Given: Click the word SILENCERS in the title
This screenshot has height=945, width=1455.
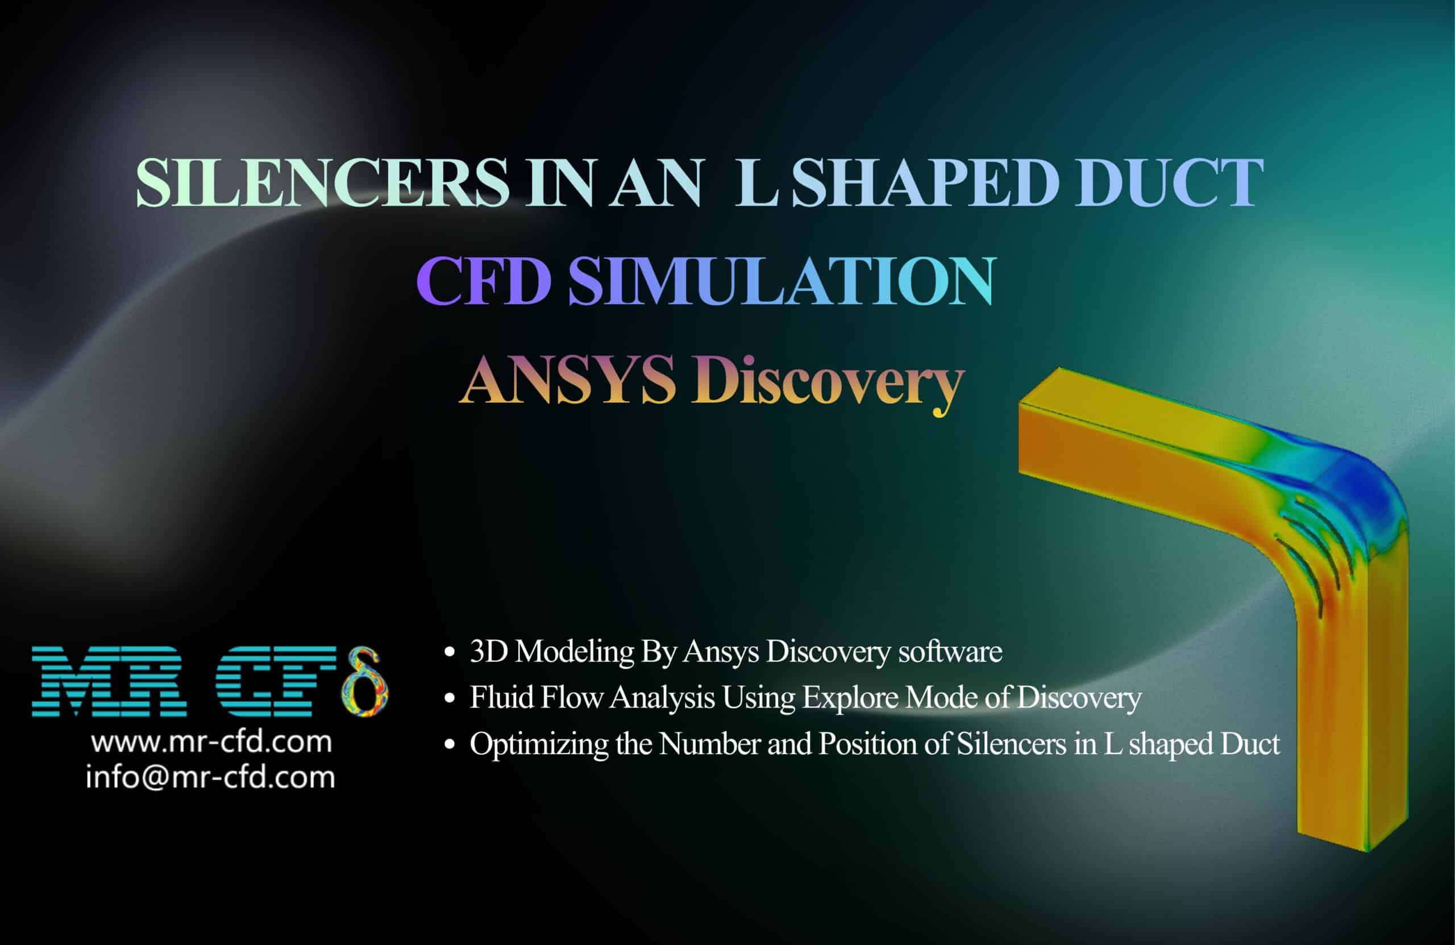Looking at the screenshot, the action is coord(322,182).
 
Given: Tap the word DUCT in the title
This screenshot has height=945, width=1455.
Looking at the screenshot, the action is coord(1169,182).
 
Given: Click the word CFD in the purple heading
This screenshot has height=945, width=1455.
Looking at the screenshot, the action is coord(484,281).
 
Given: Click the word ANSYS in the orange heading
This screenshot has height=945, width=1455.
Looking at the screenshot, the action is coord(568,380).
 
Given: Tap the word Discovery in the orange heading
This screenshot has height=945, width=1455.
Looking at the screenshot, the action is coord(828,383).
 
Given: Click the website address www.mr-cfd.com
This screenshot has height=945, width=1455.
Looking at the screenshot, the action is coord(211,742).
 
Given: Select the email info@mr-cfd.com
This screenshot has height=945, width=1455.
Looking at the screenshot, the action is coord(210,777).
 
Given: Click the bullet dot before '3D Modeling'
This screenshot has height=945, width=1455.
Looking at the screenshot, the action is coord(450,653).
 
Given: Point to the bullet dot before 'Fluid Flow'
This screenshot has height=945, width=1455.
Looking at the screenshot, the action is coord(450,698).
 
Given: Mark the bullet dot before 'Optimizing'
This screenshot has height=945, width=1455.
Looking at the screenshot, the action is coord(450,744).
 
